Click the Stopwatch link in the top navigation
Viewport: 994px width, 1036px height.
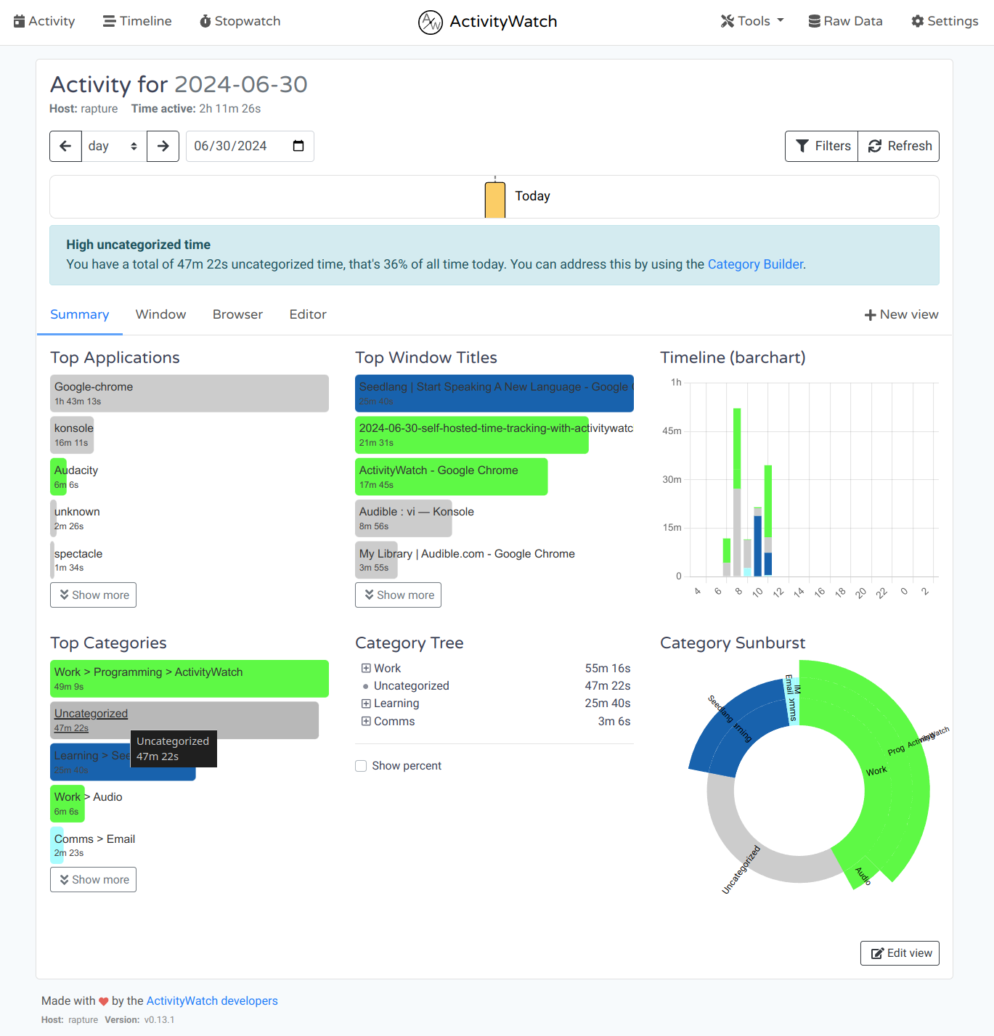click(240, 21)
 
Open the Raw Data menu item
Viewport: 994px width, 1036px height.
click(845, 21)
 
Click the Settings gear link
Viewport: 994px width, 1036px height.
click(945, 21)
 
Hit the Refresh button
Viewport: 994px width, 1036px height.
click(899, 146)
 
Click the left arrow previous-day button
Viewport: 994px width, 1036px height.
click(65, 146)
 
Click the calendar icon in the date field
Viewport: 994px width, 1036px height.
click(298, 146)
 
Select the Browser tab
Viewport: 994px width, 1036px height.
click(237, 314)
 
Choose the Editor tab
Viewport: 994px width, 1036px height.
click(308, 314)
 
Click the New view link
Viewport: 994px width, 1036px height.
click(901, 314)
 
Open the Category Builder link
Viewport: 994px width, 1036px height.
click(755, 264)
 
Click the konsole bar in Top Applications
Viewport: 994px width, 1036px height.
click(72, 435)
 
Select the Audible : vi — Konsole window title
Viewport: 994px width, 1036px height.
click(404, 518)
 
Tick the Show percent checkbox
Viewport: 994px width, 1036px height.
click(361, 766)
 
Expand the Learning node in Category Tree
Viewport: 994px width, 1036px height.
click(366, 703)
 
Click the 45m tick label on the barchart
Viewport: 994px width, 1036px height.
click(672, 431)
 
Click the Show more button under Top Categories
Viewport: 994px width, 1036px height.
click(93, 879)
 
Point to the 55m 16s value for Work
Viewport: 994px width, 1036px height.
click(608, 668)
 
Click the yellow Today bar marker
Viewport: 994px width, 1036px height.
click(495, 200)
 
